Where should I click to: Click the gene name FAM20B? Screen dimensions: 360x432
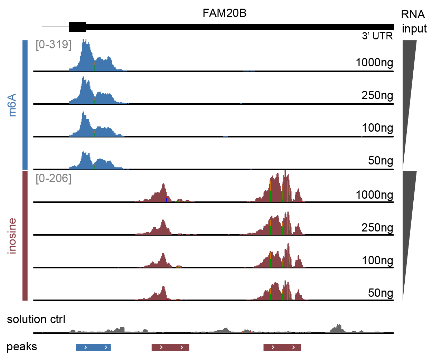tap(224, 13)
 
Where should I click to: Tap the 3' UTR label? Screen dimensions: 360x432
tap(377, 36)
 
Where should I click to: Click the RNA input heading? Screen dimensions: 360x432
tap(414, 21)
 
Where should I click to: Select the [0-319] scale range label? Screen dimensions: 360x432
tap(54, 45)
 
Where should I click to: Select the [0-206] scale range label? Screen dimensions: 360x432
tap(54, 178)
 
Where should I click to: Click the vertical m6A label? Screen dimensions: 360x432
tap(12, 105)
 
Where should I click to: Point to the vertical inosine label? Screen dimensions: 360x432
tap(12, 236)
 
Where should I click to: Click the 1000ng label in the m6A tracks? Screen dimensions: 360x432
tap(374, 63)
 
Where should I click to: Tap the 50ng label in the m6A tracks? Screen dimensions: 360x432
tap(381, 160)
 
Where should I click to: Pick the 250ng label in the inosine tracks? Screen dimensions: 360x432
tap(377, 227)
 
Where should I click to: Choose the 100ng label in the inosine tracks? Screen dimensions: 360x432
tap(377, 260)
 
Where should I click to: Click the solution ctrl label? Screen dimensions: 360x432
tap(36, 319)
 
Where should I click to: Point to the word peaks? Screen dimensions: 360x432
tap(22, 347)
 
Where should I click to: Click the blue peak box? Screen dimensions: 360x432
tap(93, 347)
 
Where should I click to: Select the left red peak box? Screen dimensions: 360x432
tap(170, 347)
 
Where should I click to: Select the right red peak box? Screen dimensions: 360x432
tap(282, 347)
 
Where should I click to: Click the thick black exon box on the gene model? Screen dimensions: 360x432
tap(77, 27)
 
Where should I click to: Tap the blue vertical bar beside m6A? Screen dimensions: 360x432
tap(25, 105)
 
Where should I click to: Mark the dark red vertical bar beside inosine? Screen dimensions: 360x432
tap(25, 236)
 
